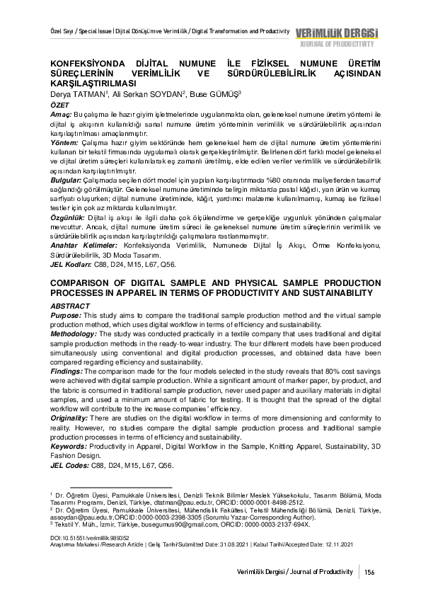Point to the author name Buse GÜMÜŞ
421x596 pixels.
coord(216,94)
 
